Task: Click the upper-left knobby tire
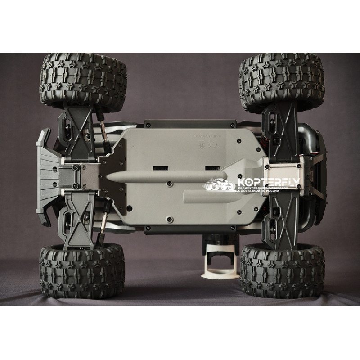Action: pos(83,81)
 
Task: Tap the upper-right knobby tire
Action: pos(281,81)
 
